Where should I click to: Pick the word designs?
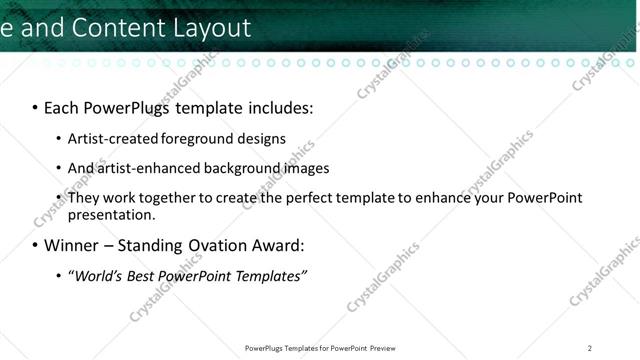pyautogui.click(x=262, y=139)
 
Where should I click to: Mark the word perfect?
pyautogui.click(x=313, y=198)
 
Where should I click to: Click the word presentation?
pyautogui.click(x=111, y=215)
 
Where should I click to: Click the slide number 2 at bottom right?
pyautogui.click(x=590, y=348)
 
